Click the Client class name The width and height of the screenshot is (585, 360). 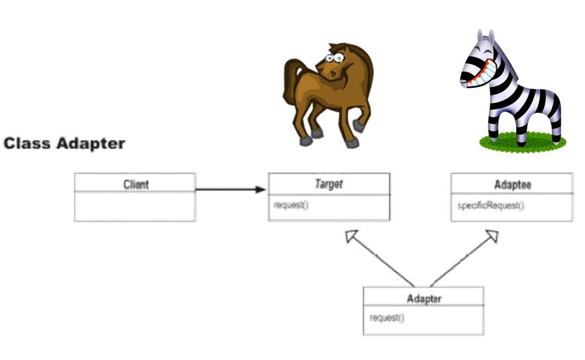[136, 185]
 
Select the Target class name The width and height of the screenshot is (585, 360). [329, 184]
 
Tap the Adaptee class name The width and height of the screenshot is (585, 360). [512, 185]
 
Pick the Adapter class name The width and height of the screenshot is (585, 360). [424, 299]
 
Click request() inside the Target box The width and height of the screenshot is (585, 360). [291, 205]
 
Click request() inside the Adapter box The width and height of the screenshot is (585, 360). [387, 318]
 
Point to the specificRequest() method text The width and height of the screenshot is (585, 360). [491, 206]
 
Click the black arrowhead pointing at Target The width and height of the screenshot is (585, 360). [260, 189]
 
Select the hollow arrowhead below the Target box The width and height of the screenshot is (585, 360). [352, 236]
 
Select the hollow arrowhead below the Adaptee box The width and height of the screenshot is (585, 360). [492, 236]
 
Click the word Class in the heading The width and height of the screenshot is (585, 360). [27, 143]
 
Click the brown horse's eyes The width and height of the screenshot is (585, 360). [335, 58]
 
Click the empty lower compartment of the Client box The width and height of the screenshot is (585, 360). [135, 206]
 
